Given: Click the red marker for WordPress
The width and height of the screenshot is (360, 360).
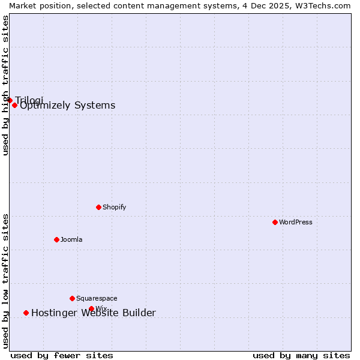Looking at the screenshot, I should click(x=275, y=222).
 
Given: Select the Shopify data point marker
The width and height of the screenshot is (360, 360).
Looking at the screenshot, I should click(x=98, y=207).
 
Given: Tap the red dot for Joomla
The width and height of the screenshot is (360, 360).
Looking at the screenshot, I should click(x=56, y=239).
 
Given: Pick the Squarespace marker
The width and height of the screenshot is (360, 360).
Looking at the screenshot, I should click(x=72, y=298).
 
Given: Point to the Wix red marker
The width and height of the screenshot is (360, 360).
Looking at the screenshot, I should click(x=91, y=309).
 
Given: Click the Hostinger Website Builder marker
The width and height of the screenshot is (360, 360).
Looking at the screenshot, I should click(x=26, y=313).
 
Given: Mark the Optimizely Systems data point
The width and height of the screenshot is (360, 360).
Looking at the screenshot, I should click(x=14, y=105).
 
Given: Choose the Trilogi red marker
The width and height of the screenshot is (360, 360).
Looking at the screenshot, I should click(x=10, y=100).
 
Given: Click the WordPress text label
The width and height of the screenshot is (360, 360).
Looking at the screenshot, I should click(x=296, y=222).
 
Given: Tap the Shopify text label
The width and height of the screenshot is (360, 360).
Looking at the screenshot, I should click(x=115, y=207).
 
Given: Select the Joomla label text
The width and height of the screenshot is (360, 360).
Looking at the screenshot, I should click(x=71, y=239).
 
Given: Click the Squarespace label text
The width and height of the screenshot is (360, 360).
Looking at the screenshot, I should click(x=97, y=298).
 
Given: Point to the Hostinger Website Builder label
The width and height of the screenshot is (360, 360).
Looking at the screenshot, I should click(x=94, y=313).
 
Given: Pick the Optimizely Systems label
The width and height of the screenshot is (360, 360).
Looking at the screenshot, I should click(x=68, y=106).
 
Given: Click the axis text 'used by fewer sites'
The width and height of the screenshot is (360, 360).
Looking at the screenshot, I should click(x=62, y=355).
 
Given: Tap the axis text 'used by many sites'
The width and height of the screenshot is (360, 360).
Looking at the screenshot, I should click(x=301, y=355).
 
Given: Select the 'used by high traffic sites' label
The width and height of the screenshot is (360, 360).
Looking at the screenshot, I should click(x=5, y=85).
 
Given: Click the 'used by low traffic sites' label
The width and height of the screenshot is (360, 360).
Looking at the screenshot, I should click(x=5, y=281).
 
